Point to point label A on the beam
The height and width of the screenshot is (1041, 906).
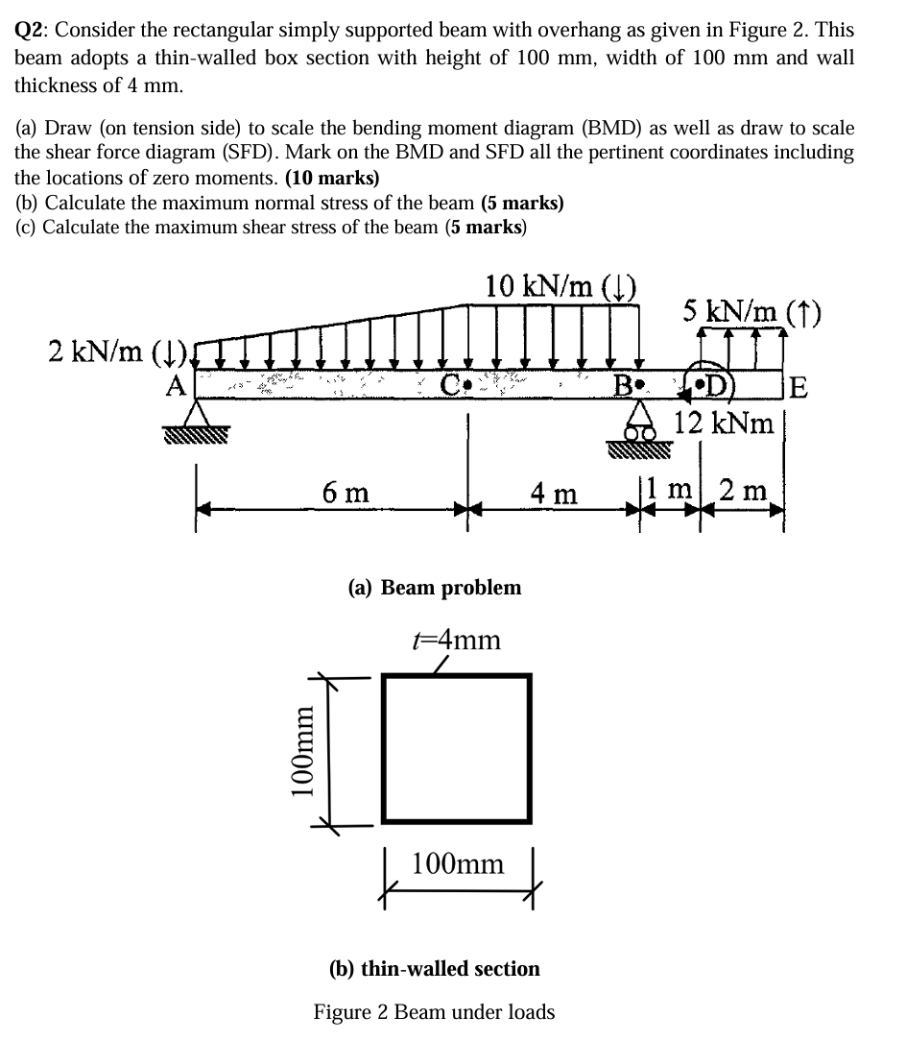(x=176, y=386)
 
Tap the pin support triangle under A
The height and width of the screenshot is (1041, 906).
(x=198, y=415)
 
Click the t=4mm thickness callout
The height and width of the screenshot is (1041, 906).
(x=456, y=640)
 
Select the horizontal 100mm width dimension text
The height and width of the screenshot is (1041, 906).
(x=457, y=863)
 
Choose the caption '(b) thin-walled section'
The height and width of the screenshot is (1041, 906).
(x=435, y=968)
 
